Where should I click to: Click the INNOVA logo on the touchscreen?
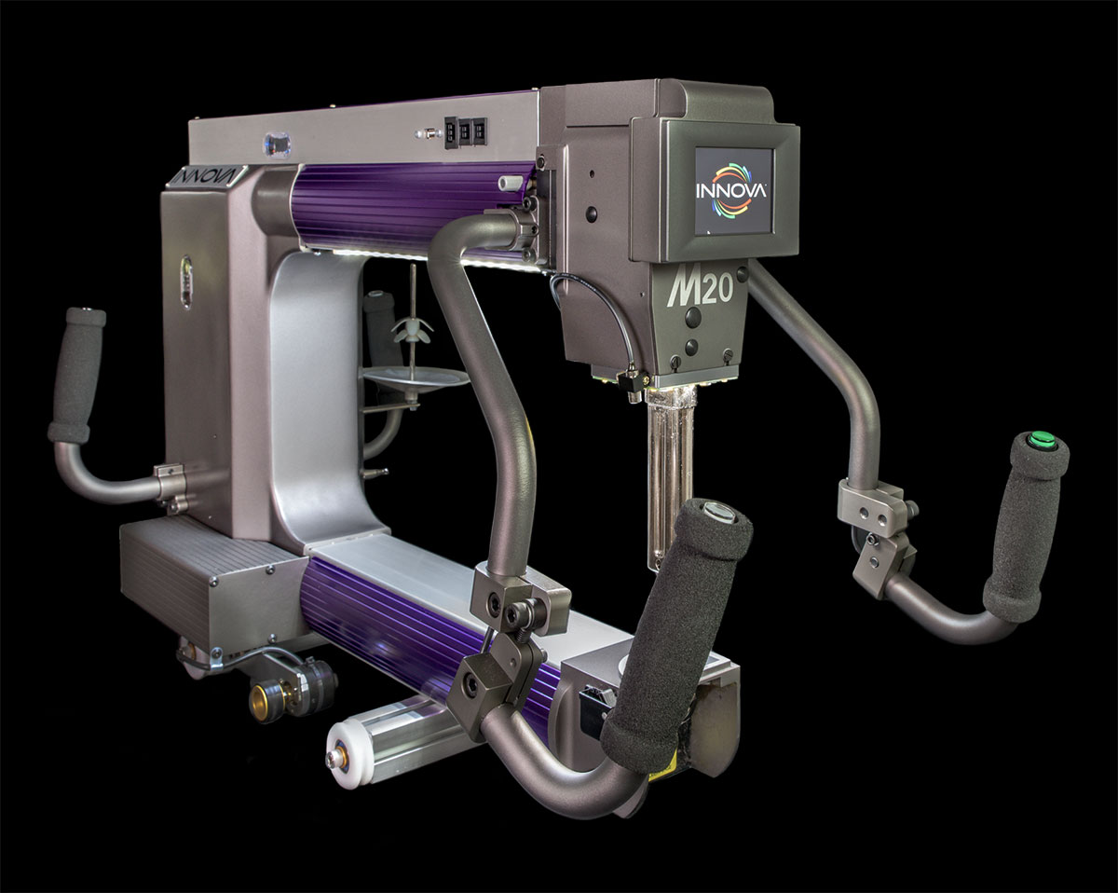pos(731,190)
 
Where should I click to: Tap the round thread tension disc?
pos(415,377)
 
